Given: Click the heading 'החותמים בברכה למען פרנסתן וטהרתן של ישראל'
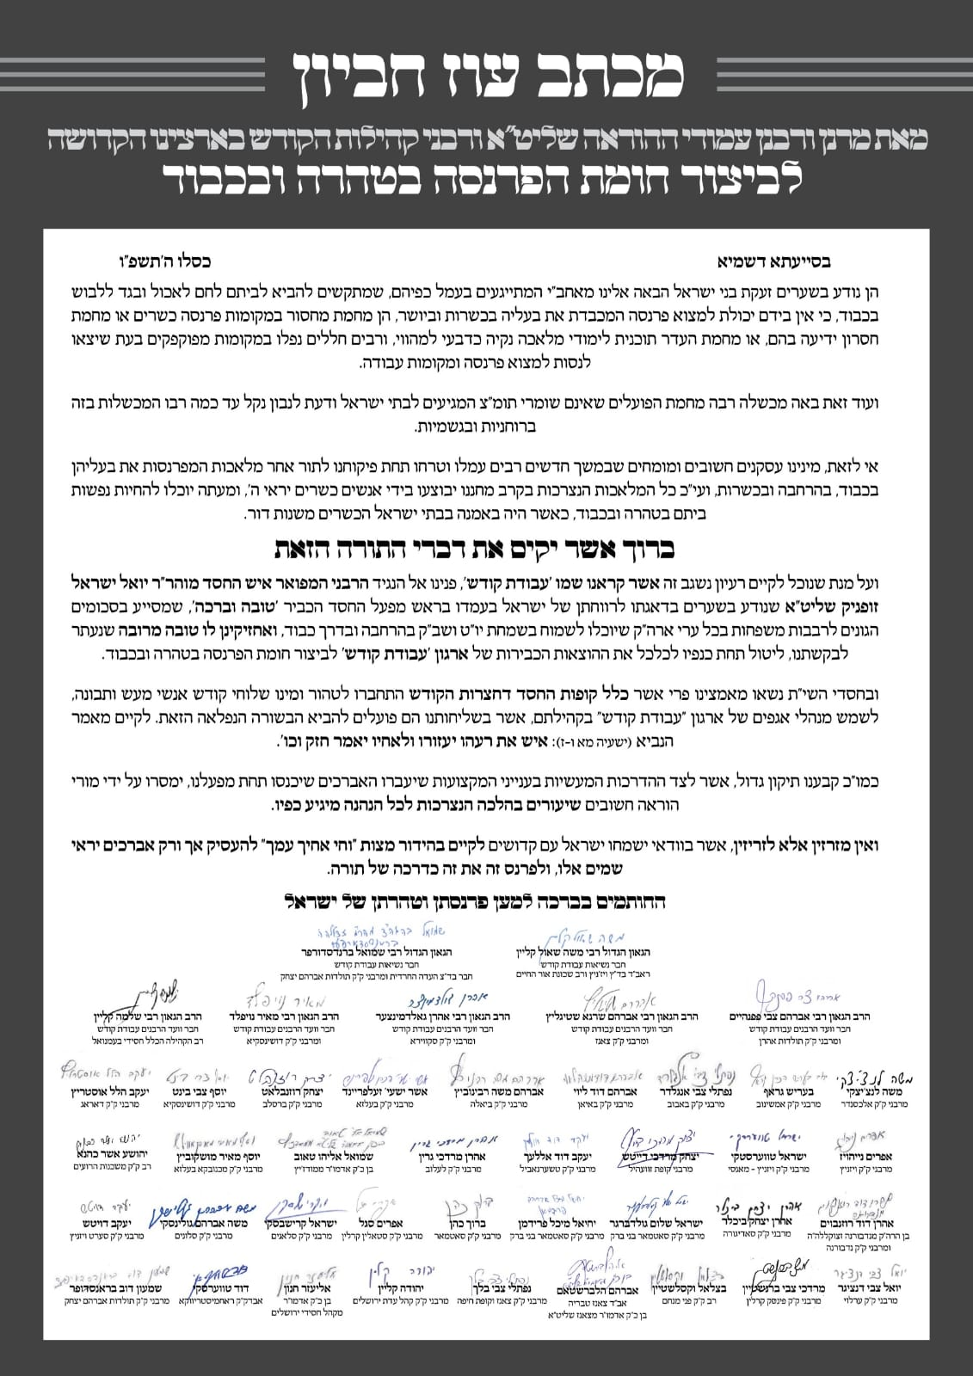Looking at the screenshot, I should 475,901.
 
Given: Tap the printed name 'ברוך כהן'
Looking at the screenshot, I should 468,1223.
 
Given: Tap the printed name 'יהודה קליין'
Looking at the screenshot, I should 422,1289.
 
